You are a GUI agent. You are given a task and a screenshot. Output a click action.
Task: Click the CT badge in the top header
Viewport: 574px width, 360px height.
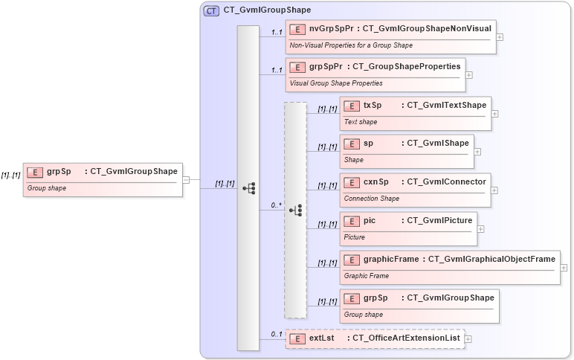pos(211,10)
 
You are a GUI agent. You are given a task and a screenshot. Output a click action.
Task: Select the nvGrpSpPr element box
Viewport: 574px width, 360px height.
pos(390,36)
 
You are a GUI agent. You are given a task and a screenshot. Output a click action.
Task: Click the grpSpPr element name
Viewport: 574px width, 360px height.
pos(325,67)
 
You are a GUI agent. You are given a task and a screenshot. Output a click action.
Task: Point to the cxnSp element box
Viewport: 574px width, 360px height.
pos(415,190)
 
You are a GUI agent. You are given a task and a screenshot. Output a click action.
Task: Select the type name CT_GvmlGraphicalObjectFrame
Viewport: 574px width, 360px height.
pos(491,260)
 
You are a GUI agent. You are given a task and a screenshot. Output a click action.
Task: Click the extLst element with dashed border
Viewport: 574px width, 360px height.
pos(375,339)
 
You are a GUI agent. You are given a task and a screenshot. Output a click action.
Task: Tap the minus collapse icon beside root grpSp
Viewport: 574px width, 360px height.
pos(186,179)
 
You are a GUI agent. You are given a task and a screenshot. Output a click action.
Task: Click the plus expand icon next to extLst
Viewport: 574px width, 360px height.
pos(468,339)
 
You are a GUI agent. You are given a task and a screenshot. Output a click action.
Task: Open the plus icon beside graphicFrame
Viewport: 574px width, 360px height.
pos(564,268)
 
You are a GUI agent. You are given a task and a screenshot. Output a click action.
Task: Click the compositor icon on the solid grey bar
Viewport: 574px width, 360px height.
pos(248,188)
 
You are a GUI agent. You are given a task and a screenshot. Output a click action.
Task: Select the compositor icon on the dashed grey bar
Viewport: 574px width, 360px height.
pos(295,210)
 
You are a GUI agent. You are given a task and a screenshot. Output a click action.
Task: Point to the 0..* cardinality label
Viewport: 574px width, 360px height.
pos(276,205)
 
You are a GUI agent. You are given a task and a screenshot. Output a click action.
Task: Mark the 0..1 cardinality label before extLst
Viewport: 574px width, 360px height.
pos(276,334)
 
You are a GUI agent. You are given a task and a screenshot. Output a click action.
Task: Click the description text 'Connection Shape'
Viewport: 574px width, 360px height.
pos(371,199)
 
